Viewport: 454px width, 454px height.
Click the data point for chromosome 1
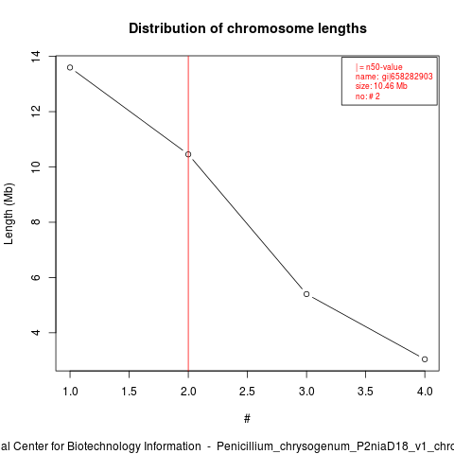[70, 67]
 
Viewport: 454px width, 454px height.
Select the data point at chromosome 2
[188, 154]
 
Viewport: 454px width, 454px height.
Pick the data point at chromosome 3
[306, 294]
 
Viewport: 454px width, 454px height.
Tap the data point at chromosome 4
[425, 359]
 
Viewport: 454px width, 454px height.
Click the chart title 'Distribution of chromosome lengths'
[248, 28]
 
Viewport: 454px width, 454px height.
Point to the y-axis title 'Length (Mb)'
[9, 214]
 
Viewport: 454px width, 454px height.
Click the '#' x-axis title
[247, 419]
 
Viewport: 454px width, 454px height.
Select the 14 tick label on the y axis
[36, 56]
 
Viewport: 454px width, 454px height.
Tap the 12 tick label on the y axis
[36, 112]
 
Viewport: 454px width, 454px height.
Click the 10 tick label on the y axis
[36, 166]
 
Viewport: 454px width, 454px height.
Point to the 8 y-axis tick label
[36, 222]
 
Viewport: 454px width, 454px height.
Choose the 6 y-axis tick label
[36, 277]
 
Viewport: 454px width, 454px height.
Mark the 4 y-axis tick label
[36, 333]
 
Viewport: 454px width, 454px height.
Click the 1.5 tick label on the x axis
[130, 392]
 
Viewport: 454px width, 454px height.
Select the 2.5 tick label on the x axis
[247, 392]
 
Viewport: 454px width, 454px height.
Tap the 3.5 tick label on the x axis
[365, 392]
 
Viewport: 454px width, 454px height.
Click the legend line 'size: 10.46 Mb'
[381, 86]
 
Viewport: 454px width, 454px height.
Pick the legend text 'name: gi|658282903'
[394, 77]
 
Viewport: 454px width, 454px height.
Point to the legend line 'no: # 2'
[368, 96]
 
